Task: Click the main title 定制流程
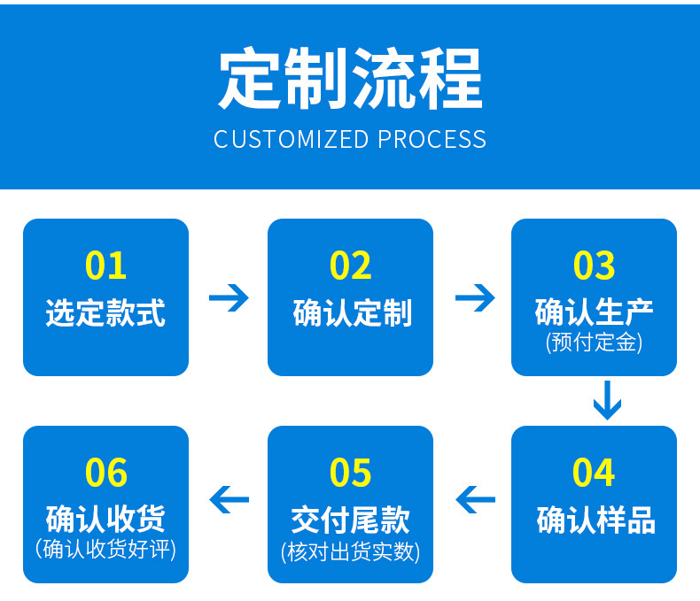350,80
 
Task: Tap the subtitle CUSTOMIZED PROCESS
350,140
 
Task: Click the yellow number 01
105,266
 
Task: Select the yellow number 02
350,266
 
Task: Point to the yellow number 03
594,266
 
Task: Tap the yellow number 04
594,473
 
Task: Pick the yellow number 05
350,473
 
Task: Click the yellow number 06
105,473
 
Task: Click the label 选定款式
105,312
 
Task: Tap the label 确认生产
594,312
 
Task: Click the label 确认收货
105,519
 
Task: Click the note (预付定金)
594,343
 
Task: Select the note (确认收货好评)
105,549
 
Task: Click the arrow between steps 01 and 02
229,297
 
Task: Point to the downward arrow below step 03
607,400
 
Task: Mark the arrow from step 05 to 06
229,500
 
